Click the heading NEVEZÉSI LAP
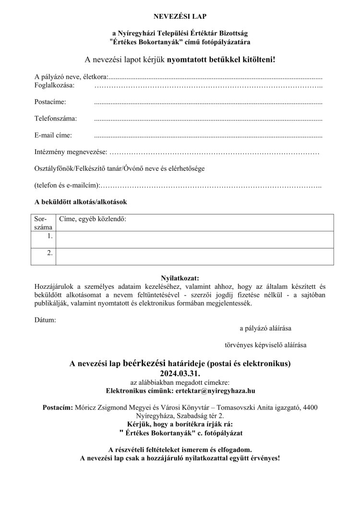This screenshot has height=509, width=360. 180,17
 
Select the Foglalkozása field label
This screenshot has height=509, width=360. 54,85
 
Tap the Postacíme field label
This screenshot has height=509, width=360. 50,102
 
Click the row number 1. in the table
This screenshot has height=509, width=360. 50,237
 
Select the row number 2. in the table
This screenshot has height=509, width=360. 50,253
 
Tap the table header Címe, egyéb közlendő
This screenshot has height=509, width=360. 93,219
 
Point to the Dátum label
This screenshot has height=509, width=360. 45,320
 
